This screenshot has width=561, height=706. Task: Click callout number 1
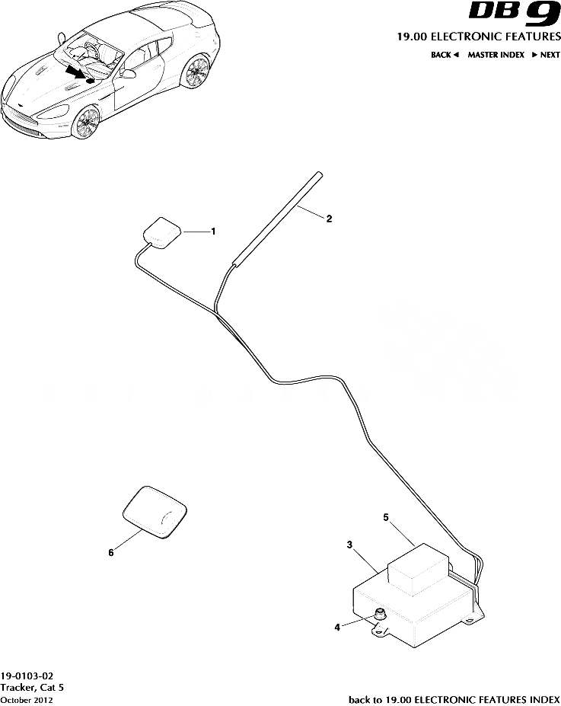click(213, 231)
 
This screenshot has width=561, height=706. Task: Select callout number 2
click(329, 219)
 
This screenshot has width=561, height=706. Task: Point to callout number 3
click(349, 545)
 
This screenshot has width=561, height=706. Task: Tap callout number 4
click(337, 628)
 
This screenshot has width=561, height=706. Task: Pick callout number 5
click(386, 517)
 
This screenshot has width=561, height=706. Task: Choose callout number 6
click(111, 554)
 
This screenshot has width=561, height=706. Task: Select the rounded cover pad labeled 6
click(156, 512)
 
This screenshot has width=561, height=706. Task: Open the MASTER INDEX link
click(496, 55)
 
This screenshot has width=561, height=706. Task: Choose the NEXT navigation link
click(546, 55)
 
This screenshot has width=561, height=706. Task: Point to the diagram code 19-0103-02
click(27, 676)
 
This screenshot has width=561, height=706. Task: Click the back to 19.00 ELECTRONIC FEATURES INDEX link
click(454, 699)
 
